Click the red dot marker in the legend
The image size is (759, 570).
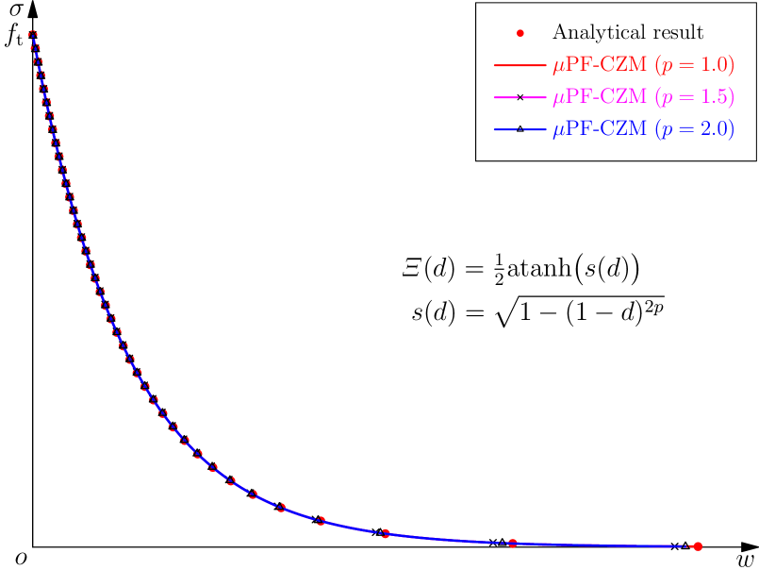[x=520, y=33]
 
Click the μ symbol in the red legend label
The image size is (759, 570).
[x=558, y=68]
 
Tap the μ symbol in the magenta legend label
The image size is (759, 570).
[x=558, y=99]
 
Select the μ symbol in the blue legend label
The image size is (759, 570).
[x=558, y=131]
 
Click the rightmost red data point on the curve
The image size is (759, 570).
[x=698, y=545]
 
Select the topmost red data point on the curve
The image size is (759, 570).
[x=33, y=35]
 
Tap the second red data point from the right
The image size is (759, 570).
[x=513, y=543]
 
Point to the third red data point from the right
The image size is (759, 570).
[x=386, y=533]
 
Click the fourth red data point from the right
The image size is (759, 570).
[x=322, y=521]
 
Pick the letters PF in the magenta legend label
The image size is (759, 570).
[x=576, y=97]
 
